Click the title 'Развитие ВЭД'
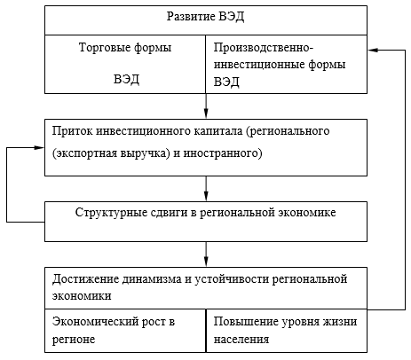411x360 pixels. pyautogui.click(x=205, y=17)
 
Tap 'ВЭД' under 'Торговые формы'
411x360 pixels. pyautogui.click(x=126, y=79)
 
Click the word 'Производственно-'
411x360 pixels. pyautogui.click(x=264, y=48)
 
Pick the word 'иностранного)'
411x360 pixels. pyautogui.click(x=223, y=153)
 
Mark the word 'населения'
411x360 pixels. pyautogui.click(x=241, y=339)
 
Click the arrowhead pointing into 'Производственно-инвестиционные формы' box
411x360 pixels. pyautogui.click(x=373, y=51)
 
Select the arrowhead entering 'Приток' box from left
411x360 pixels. pyautogui.click(x=39, y=147)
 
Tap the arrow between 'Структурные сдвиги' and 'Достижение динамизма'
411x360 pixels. pyautogui.click(x=206, y=254)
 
